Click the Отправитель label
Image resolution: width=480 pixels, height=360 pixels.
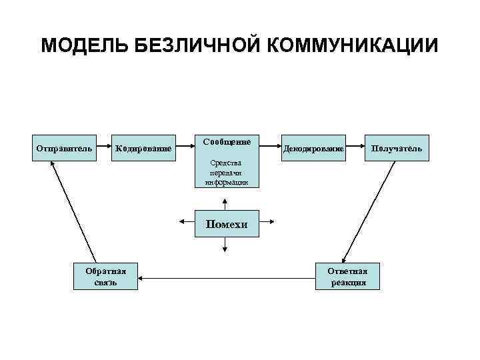click(63, 147)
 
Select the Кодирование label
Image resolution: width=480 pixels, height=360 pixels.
click(143, 148)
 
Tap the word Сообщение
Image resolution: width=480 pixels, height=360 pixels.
click(227, 142)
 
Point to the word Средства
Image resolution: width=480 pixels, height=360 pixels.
click(227, 163)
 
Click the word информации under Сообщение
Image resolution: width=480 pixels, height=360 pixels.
click(227, 181)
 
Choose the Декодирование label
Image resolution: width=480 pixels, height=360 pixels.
click(313, 148)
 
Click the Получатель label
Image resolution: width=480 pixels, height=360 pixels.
click(396, 147)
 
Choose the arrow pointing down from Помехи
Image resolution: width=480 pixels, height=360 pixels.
click(225, 245)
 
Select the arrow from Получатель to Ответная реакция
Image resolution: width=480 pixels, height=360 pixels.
click(371, 210)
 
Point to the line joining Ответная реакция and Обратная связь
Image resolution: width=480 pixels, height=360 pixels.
click(227, 276)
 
